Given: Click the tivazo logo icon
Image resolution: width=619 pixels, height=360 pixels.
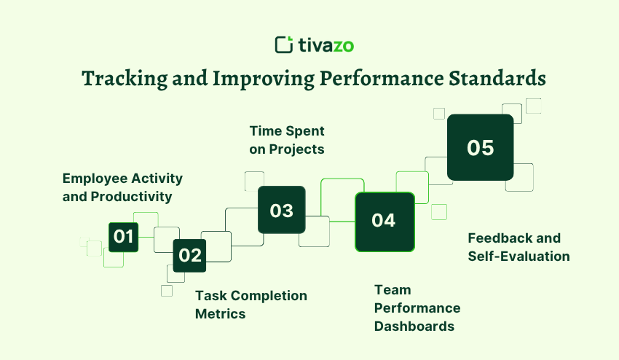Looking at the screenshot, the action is click(284, 44).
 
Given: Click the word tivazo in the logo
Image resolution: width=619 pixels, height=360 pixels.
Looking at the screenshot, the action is click(326, 45).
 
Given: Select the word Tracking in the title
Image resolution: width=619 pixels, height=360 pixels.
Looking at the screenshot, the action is click(125, 79).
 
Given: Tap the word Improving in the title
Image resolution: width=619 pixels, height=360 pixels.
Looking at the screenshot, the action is click(264, 79).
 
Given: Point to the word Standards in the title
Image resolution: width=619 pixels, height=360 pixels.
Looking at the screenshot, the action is click(497, 78).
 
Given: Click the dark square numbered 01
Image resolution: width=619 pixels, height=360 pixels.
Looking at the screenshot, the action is click(124, 237).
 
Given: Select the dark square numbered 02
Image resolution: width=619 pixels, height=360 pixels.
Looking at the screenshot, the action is click(189, 256).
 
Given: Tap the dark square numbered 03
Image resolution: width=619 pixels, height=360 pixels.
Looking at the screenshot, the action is click(282, 210).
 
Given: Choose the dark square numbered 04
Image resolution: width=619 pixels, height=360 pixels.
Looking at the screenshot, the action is click(385, 222).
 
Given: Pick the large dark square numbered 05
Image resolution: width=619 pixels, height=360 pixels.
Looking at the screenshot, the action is click(481, 147).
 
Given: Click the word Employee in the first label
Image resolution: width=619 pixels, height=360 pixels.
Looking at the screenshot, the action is click(95, 179).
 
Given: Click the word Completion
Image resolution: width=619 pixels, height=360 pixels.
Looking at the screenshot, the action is click(269, 296).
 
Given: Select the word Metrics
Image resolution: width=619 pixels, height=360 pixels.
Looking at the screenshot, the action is click(220, 314).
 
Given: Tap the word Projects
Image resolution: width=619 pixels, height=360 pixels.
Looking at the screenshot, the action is click(296, 150).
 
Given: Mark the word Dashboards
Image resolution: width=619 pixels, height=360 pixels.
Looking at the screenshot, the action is click(414, 326).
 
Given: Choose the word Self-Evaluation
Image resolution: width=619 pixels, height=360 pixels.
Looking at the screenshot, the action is click(519, 257).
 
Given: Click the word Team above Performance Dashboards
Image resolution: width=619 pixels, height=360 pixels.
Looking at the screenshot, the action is click(393, 290).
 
